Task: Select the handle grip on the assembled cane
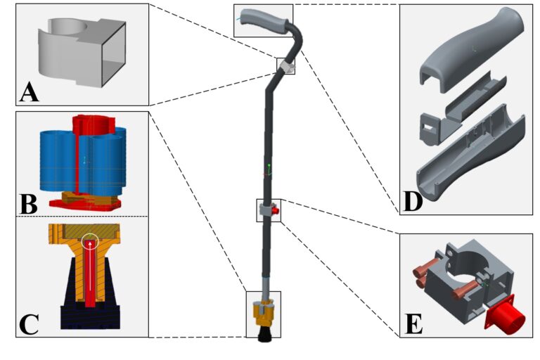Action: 263,20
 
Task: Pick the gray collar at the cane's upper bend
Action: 287,66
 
